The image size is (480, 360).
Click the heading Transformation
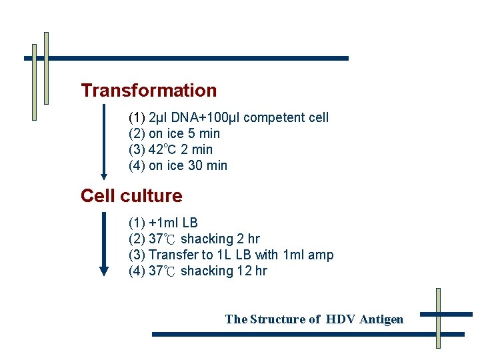tap(149, 91)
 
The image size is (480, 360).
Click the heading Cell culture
tap(131, 196)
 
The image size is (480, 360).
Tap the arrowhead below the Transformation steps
tap(103, 176)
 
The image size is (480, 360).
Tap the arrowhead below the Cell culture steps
tap(103, 271)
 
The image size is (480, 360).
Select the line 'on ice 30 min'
tap(187, 166)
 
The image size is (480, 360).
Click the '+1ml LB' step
tap(173, 223)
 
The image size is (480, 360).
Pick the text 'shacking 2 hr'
tap(220, 239)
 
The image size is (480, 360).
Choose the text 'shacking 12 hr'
tap(223, 271)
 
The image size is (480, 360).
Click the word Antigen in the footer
tap(381, 319)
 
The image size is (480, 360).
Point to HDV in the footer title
tap(341, 319)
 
